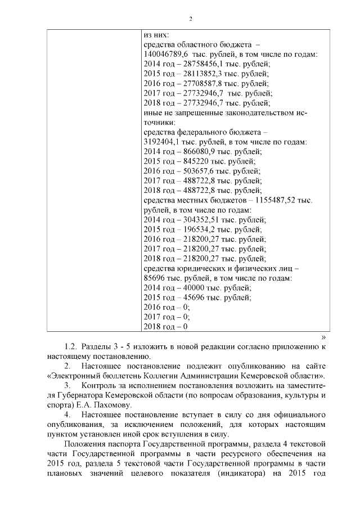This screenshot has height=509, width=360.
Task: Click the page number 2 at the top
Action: [x=191, y=20]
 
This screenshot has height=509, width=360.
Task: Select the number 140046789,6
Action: [x=166, y=55]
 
